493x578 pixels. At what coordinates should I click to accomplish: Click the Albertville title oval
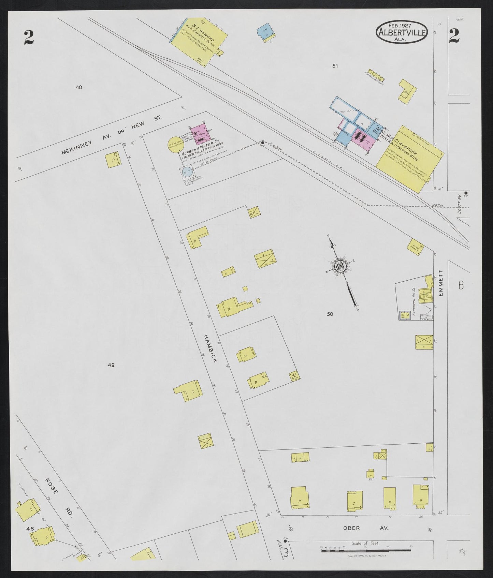pos(402,32)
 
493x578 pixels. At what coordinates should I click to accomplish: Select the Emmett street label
pos(440,283)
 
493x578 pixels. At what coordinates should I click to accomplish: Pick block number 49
pos(111,365)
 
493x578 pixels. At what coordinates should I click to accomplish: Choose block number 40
pos(79,87)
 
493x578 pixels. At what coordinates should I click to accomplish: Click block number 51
pos(335,66)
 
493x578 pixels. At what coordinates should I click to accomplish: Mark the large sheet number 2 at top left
pos(29,38)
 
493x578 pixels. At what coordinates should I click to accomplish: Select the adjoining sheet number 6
pos(461,285)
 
